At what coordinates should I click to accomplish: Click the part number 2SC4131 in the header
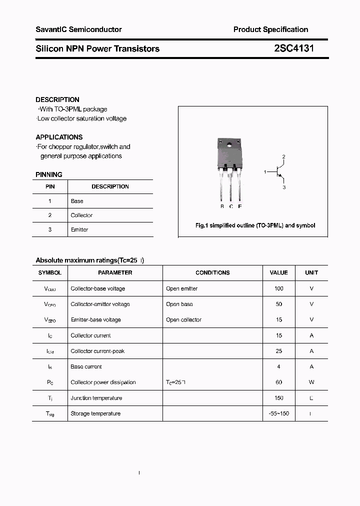(294, 48)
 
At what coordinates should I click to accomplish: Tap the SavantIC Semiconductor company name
(78, 29)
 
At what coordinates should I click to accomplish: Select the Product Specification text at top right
(270, 29)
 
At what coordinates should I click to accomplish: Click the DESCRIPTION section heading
(57, 99)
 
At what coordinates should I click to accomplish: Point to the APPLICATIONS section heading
(59, 137)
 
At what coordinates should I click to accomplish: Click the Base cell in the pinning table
(77, 201)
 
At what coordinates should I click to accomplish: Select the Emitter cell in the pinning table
(79, 229)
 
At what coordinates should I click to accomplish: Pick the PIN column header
(50, 186)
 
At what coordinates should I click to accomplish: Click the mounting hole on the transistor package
(230, 145)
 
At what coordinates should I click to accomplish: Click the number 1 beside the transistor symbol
(265, 172)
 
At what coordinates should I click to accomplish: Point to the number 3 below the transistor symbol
(284, 187)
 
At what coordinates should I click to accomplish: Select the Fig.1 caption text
(255, 225)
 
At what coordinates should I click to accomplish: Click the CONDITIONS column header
(212, 272)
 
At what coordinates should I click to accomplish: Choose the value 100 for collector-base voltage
(278, 288)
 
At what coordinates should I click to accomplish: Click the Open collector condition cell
(183, 319)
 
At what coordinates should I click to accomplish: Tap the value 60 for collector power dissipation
(278, 382)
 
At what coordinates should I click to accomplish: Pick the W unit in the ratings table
(311, 382)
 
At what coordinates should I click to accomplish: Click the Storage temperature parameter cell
(95, 413)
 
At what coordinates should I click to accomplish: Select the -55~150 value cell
(278, 413)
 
